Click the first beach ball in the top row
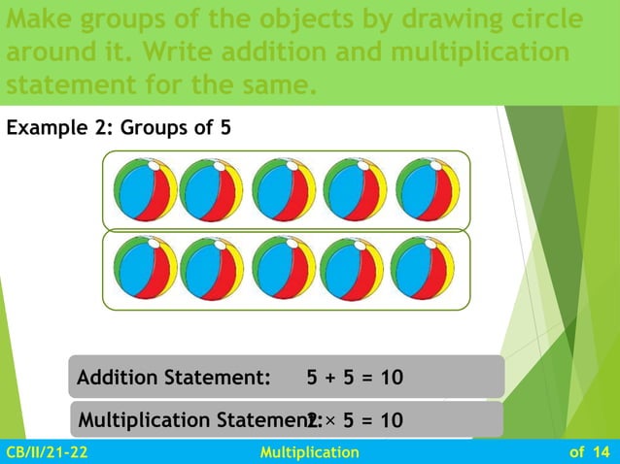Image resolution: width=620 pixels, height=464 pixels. (x=145, y=190)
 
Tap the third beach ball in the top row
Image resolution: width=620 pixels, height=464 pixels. (x=284, y=190)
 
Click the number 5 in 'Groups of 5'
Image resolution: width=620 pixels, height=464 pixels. (x=225, y=127)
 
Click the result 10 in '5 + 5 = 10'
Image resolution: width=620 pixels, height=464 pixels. (x=392, y=377)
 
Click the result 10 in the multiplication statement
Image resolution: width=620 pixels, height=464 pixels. (x=392, y=420)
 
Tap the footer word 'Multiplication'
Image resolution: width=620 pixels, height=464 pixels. (x=311, y=452)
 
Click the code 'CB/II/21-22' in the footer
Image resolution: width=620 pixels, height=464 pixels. (x=46, y=452)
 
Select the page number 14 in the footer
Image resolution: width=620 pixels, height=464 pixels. (x=600, y=452)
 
